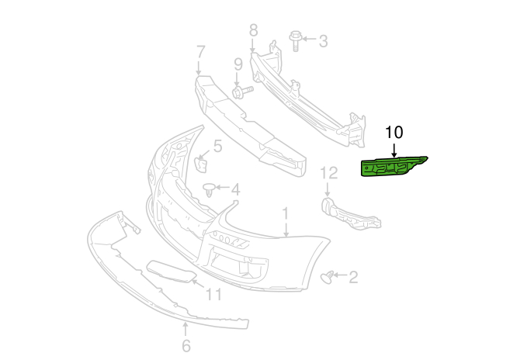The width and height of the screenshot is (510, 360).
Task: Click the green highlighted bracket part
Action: coord(390,167)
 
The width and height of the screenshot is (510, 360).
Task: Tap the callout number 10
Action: coord(394,133)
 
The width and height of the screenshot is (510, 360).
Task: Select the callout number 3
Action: coord(323,41)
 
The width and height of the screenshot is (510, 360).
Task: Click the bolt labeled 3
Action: coord(296,40)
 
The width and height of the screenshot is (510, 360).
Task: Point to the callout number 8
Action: coord(253,30)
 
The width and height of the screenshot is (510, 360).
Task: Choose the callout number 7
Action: coord(201,52)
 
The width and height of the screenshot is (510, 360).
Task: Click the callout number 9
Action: coord(238,64)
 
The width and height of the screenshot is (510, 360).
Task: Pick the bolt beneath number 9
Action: coord(243,92)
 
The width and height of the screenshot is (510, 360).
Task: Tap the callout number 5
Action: coord(217,146)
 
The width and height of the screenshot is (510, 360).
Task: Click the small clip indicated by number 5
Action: coord(201,164)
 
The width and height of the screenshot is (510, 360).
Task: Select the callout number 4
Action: coord(235,189)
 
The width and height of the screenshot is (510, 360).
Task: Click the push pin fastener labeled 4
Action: coord(209,189)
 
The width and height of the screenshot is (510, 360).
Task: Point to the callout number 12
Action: coord(329,173)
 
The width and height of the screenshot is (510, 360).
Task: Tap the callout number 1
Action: coord(285,213)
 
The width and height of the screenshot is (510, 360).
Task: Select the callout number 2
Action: coord(353,278)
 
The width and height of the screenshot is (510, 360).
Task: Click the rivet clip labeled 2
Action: coord(327,277)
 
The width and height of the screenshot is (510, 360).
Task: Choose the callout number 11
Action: coord(213,295)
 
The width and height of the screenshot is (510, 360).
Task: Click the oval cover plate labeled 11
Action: coord(172,272)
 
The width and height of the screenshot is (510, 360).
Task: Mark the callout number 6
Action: coord(186,345)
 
